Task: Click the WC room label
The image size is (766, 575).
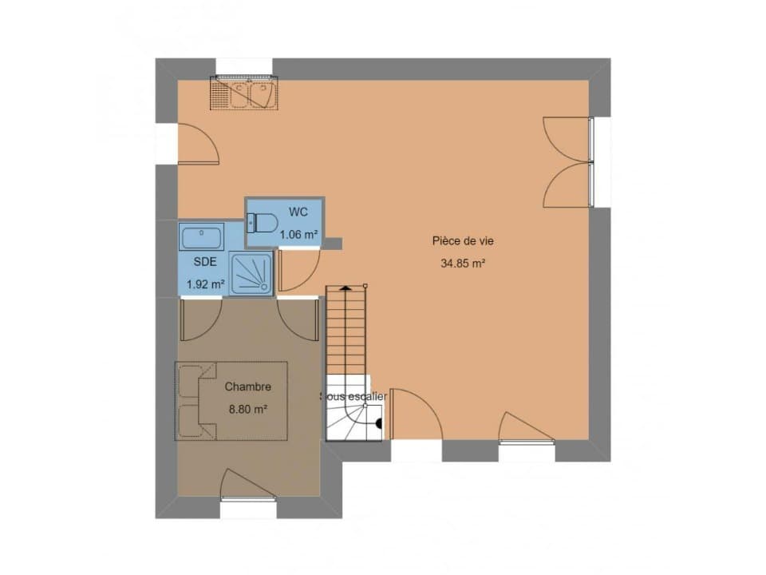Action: coord(298,212)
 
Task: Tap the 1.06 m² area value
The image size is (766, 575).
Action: coord(299,235)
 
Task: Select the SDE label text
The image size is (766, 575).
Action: coord(205,262)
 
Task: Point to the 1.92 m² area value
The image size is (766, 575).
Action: coord(206,284)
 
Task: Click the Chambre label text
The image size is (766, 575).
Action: coord(247,387)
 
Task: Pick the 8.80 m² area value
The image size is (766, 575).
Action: coord(248,409)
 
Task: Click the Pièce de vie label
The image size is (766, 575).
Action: coord(463,241)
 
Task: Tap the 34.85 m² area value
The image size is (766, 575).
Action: coord(463,264)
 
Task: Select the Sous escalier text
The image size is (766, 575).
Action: coord(353,397)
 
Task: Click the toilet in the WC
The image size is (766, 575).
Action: coord(263,223)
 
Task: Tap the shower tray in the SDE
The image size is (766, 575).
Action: coord(251,274)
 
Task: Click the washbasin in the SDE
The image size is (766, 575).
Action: coord(202,237)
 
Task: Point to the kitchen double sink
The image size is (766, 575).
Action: coord(244,93)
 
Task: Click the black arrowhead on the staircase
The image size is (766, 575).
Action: coord(345,288)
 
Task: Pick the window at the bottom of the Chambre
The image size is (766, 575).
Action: coord(249,498)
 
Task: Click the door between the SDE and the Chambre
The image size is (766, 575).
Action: coord(201,319)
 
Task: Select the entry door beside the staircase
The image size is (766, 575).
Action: coord(417,414)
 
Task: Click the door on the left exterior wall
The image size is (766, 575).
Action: coord(197,143)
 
